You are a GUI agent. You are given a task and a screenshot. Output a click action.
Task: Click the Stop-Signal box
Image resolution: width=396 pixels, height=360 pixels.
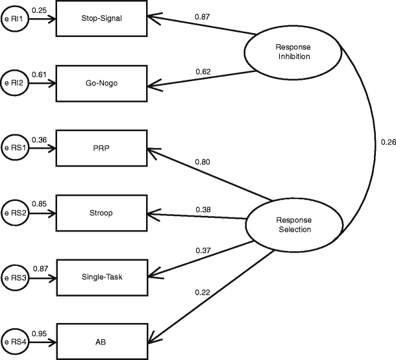pos(103,19)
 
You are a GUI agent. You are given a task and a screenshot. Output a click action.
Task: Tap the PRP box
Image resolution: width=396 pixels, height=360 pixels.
pos(103,147)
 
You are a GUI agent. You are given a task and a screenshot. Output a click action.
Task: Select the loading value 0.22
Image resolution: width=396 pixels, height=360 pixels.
pos(203,293)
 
